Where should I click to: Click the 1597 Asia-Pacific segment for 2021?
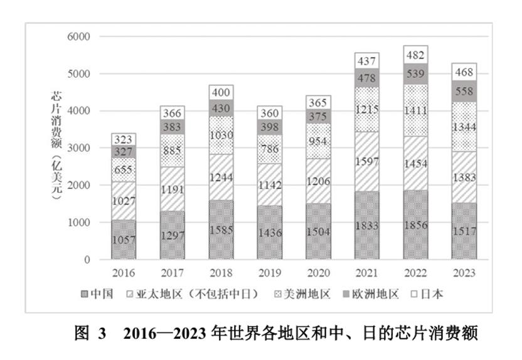click(366, 161)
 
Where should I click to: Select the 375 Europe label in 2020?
click(318, 117)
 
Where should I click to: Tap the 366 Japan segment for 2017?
click(172, 114)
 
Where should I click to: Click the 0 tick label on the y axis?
click(87, 260)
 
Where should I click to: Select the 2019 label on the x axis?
click(270, 273)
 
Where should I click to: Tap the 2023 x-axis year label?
click(464, 273)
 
